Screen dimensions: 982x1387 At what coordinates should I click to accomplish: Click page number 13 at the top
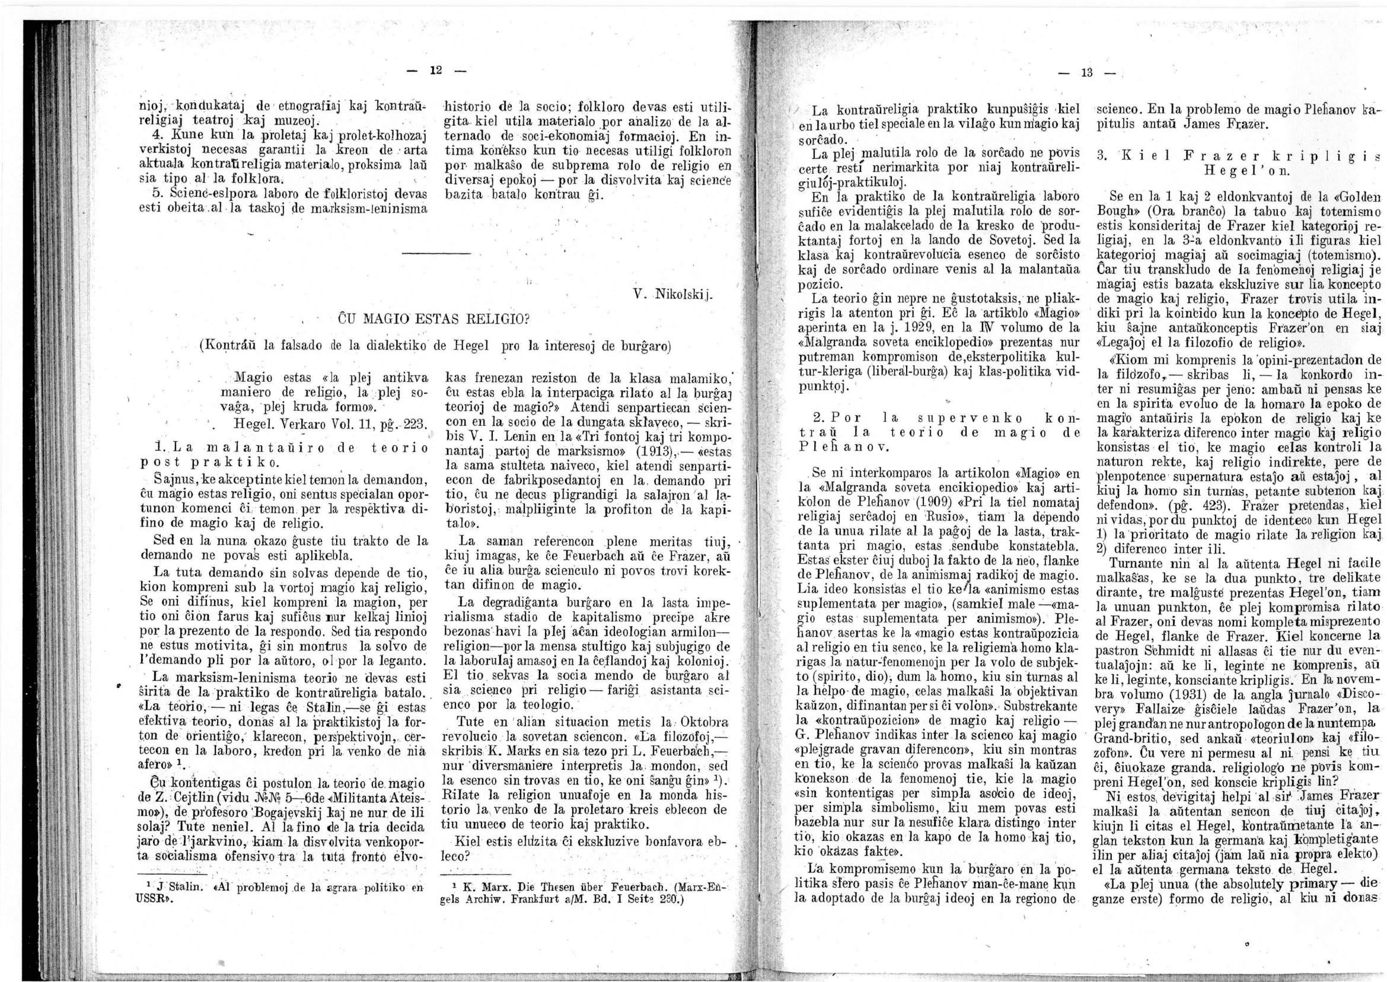pos(1088,74)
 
